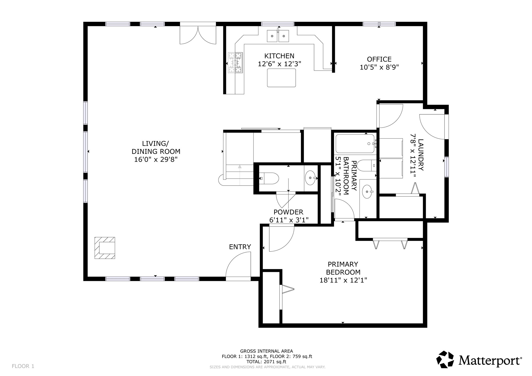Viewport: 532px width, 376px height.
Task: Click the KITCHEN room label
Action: coord(279,56)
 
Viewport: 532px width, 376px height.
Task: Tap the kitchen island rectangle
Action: coord(281,78)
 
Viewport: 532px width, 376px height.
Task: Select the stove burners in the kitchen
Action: coord(235,63)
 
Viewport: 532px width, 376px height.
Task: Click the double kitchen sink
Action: coord(278,36)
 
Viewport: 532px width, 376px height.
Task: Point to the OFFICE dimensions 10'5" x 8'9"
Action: coord(379,67)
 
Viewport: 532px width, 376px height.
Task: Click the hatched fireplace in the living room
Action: coord(105,248)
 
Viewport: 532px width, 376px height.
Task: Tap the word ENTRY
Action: coord(240,247)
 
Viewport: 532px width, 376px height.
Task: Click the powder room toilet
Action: coord(269,178)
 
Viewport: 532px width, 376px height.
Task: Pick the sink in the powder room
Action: coord(310,178)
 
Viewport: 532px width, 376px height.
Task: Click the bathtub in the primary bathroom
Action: coord(355,144)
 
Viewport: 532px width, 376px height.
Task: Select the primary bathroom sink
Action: coord(367,192)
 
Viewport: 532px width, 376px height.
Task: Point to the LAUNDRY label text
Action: coord(421,155)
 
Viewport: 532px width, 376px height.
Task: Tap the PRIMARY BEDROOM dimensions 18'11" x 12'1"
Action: coord(343,280)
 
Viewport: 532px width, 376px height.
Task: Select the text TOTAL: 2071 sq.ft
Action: coord(266,362)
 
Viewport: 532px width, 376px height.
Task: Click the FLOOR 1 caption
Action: coord(23,366)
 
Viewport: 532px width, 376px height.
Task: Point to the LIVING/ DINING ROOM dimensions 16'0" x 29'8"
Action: coord(156,159)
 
